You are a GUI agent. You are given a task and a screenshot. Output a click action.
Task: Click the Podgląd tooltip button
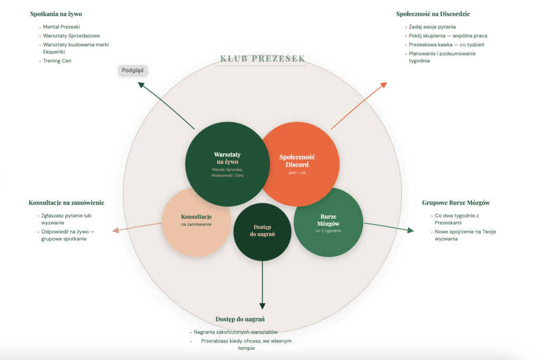click(x=133, y=70)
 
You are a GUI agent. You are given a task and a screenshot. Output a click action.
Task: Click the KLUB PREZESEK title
click(x=262, y=59)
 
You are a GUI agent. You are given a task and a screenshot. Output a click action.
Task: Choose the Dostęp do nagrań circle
click(x=262, y=232)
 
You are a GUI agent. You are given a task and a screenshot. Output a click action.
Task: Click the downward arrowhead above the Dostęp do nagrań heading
click(x=262, y=306)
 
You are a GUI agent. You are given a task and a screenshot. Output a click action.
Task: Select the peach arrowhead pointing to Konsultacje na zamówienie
click(x=115, y=230)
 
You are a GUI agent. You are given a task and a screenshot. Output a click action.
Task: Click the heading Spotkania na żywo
click(x=56, y=14)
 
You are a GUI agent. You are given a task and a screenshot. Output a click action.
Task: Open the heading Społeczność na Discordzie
click(x=433, y=14)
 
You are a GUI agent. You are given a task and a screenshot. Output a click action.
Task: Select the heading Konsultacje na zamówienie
click(x=66, y=203)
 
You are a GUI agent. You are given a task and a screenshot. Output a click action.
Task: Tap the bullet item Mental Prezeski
click(x=61, y=27)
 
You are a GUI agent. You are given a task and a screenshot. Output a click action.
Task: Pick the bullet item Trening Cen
click(x=57, y=61)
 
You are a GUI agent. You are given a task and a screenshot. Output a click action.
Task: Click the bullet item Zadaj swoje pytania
click(x=432, y=27)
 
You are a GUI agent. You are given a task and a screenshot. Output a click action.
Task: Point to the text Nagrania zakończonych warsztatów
click(x=235, y=332)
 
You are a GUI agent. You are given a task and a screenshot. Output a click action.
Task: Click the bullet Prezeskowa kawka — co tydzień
click(x=446, y=45)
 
